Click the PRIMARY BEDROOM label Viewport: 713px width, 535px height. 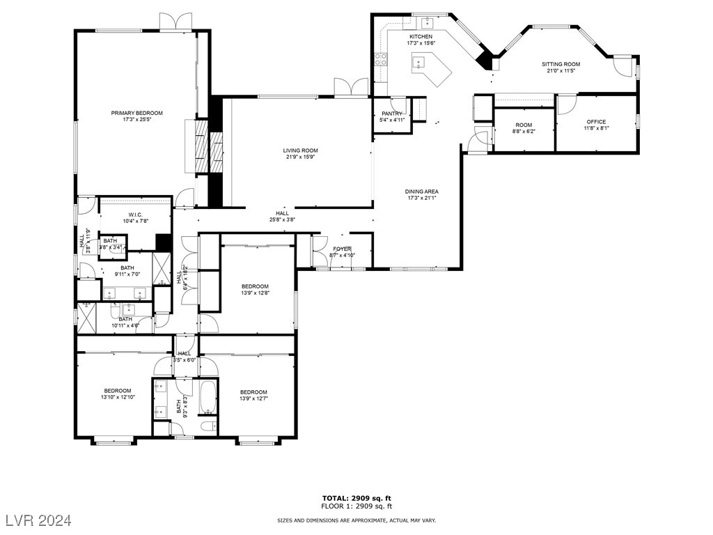tap(136, 113)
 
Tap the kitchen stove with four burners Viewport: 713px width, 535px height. tap(382, 60)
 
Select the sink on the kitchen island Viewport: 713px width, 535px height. tap(418, 63)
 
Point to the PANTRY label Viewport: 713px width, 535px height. tap(392, 113)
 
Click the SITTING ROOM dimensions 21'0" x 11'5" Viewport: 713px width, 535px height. tap(561, 71)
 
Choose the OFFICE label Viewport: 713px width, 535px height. tap(596, 122)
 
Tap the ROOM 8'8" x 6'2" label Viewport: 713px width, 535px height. tap(524, 125)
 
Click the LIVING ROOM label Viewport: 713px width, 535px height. tap(300, 150)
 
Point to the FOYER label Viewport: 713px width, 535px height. tap(342, 249)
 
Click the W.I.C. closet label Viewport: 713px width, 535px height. tap(136, 215)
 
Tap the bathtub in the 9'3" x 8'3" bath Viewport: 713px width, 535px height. tap(207, 396)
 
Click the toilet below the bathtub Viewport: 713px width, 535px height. tap(207, 426)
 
